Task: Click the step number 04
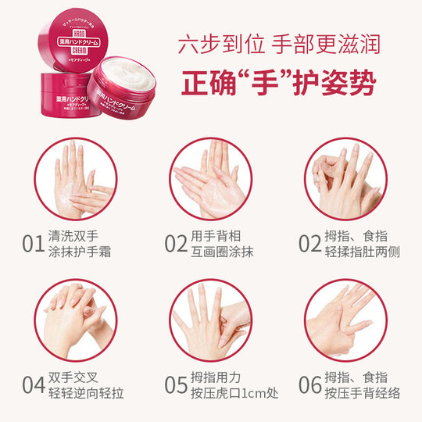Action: point(30,384)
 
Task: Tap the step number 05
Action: point(175,384)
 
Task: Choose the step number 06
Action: point(311,384)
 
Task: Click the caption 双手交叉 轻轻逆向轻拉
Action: point(84,384)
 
